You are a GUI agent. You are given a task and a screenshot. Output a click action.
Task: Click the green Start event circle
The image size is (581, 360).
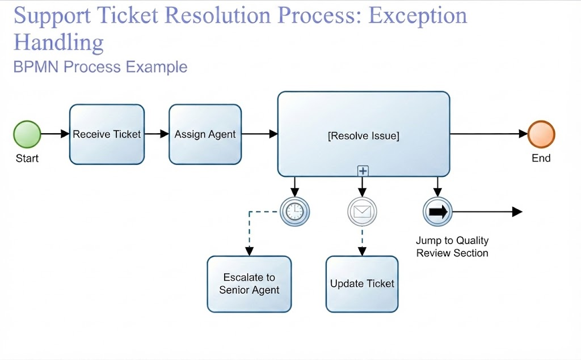27,134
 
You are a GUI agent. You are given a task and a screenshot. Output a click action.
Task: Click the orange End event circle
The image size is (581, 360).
541,134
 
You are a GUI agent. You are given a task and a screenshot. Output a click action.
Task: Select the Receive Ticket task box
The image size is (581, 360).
107,134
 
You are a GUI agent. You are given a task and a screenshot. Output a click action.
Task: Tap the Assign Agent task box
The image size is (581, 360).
205,134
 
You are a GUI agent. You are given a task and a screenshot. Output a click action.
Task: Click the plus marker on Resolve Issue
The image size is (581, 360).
363,171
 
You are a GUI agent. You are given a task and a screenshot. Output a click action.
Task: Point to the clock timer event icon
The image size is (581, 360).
294,211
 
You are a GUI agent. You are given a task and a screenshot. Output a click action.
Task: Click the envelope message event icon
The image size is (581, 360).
362,211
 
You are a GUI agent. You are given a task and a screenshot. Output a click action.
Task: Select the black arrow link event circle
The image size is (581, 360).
437,211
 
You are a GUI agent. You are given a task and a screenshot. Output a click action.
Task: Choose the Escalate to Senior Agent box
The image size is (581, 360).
250,284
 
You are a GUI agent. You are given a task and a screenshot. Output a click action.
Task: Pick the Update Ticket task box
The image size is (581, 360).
362,284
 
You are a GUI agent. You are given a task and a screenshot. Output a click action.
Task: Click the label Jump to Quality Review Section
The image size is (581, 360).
452,247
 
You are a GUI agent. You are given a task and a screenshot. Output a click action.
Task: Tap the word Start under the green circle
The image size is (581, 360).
27,159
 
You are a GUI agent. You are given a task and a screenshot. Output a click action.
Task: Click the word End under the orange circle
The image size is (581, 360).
541,158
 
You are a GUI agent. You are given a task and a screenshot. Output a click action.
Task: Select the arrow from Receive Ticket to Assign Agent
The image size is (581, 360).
157,134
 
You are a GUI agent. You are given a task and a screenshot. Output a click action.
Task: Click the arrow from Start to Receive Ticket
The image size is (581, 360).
55,134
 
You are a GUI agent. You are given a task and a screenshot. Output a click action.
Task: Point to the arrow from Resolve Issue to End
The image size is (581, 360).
489,134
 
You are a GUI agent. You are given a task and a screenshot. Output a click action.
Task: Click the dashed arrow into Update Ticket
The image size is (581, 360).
362,241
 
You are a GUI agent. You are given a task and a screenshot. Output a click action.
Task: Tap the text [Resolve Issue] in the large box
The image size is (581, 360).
364,136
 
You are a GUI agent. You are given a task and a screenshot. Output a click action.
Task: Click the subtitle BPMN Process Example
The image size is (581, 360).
100,67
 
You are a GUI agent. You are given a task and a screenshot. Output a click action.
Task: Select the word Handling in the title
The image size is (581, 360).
58,43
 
